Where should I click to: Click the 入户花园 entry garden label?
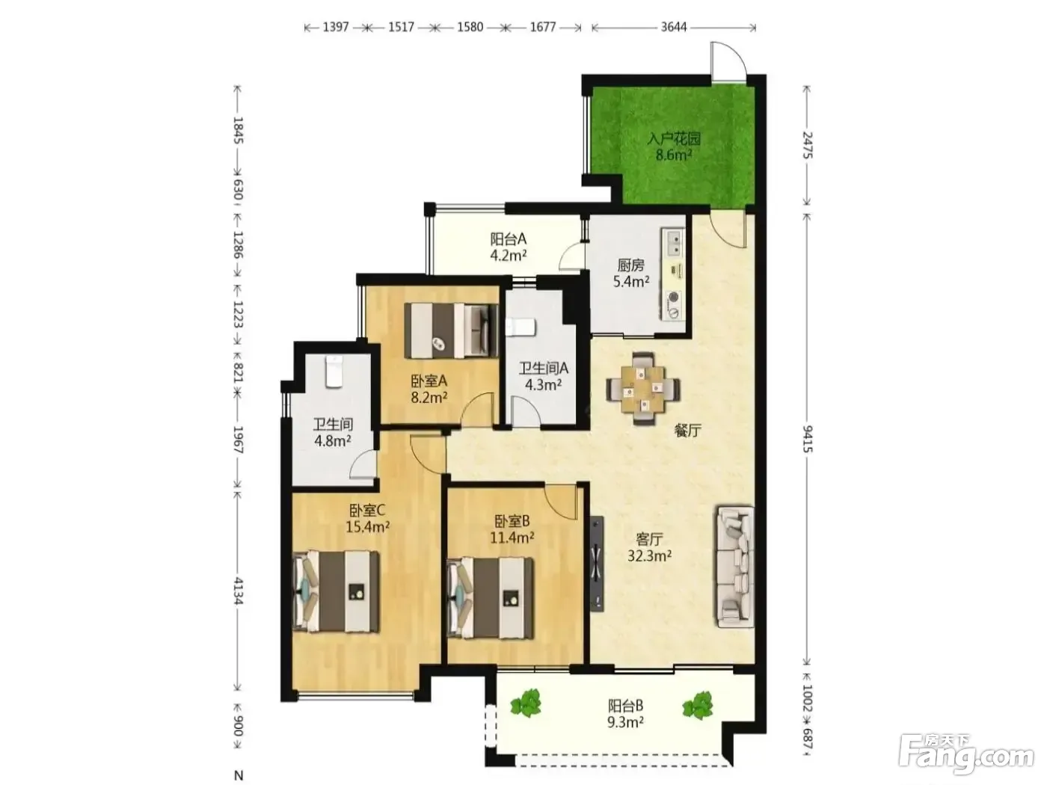674,139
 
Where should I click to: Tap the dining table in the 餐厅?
643,388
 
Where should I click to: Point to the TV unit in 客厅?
596,564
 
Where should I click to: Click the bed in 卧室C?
337,591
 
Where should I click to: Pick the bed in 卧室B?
490,597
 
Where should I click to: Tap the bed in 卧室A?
451,330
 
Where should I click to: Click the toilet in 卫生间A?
521,327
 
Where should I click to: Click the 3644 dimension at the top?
674,27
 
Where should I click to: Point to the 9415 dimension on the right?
807,439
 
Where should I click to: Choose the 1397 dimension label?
336,27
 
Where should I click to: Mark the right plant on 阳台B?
698,705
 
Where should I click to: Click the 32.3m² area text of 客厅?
650,555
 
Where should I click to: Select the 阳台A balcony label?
508,238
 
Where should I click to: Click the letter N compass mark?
239,775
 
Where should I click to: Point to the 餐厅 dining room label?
687,431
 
